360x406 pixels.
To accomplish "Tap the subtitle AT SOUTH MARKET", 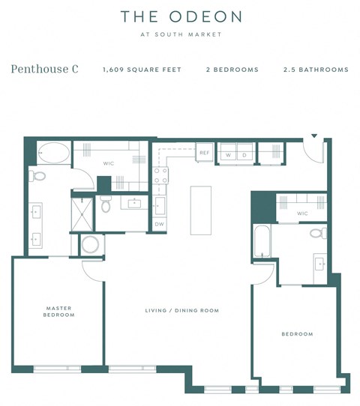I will pos(181,34).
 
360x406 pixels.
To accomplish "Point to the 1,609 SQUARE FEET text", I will pos(142,70).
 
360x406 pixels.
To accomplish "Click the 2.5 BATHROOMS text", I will pos(316,70).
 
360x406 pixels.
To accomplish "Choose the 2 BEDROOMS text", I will pos(232,70).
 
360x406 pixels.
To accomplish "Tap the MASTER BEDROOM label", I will pos(59,311).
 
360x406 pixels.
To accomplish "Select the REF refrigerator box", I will pos(205,153).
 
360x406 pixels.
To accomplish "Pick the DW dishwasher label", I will pos(159,223).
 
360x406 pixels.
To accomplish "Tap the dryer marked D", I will pos(244,155).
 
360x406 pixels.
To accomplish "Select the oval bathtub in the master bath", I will pos(52,154).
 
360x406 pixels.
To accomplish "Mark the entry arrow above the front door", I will pos(314,136).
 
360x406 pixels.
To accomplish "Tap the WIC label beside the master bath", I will pos(108,163).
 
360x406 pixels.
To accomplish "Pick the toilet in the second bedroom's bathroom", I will pos(317,233).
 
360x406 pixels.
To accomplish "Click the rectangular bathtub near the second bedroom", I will pos(262,241).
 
